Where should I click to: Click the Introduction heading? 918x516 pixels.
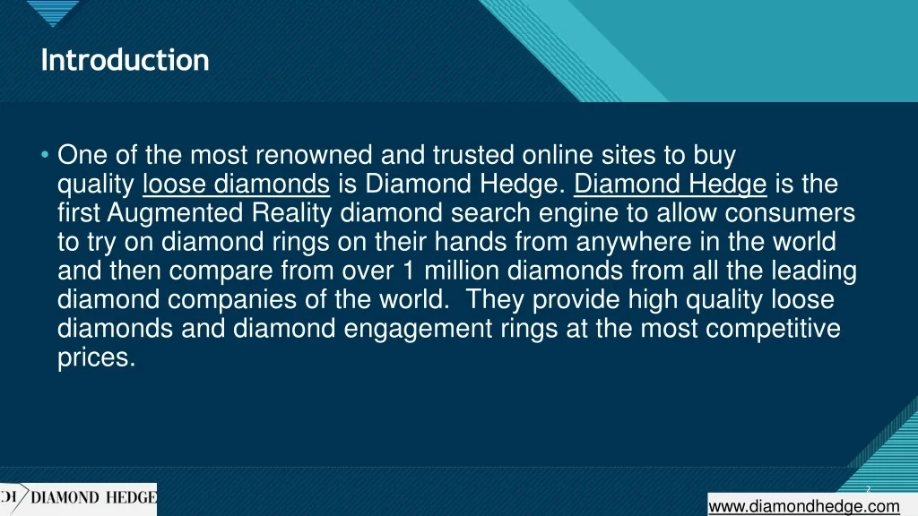125,60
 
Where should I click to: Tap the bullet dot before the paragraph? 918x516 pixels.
45,155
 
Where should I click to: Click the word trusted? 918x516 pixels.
473,155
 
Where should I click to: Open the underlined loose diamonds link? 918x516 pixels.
236,185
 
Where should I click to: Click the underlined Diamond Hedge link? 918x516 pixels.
670,185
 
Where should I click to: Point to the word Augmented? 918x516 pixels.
175,213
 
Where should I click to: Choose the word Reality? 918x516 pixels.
291,213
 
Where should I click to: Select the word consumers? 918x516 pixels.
790,213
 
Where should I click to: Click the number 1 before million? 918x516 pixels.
408,271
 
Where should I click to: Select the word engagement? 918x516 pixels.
418,328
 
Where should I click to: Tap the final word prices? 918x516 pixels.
97,357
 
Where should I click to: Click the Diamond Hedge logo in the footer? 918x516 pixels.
79,498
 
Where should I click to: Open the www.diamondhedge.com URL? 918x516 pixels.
804,506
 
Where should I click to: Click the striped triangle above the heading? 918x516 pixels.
53,12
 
